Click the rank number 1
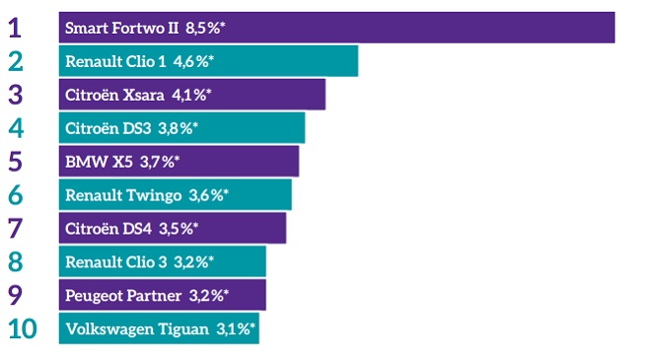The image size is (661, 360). click(14, 28)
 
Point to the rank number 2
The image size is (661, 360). click(15, 61)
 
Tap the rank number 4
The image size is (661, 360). click(15, 127)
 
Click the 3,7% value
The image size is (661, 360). click(161, 161)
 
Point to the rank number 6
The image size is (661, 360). click(15, 194)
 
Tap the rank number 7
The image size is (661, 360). click(15, 228)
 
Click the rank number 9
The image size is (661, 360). click(15, 295)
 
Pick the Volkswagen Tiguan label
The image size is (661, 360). click(136, 328)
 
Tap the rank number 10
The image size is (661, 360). click(22, 328)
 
